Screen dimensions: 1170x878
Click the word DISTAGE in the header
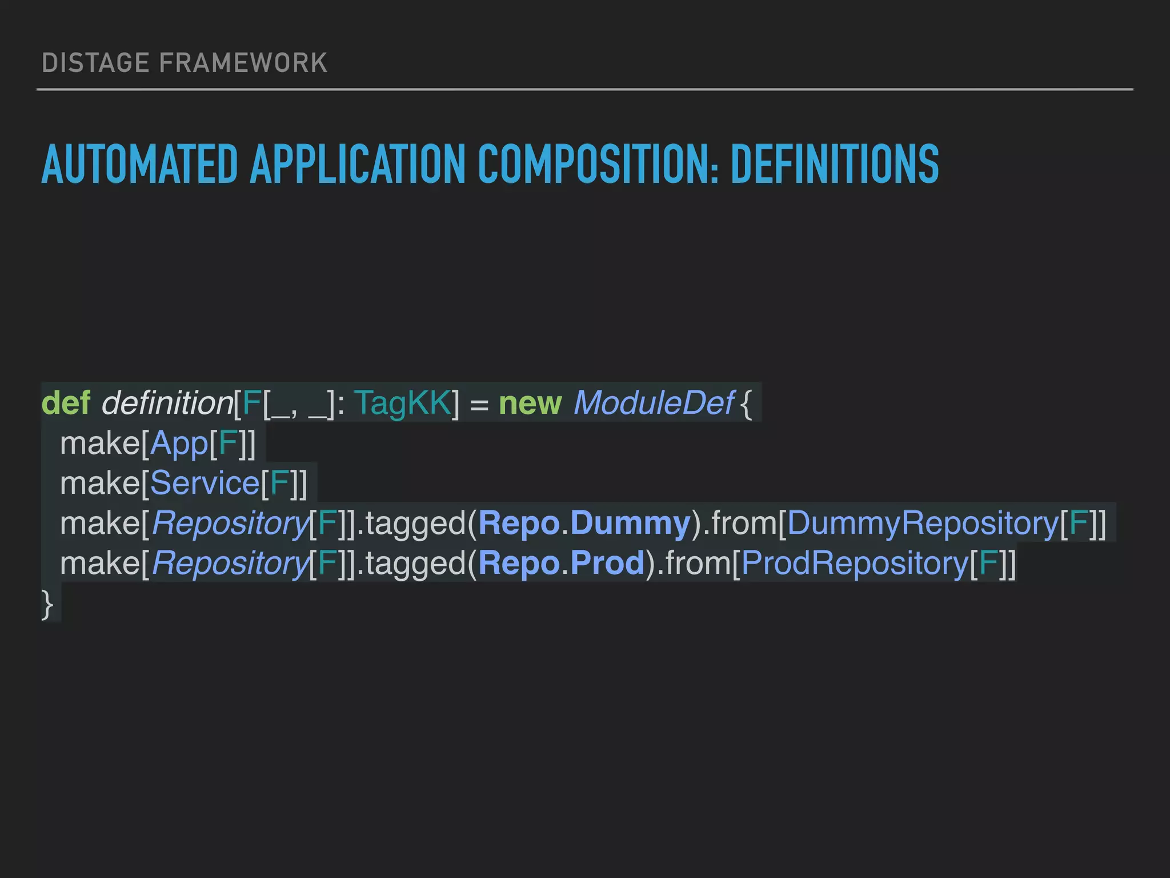[x=95, y=63]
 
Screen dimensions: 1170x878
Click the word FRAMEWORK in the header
[x=243, y=63]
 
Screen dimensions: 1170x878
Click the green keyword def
[x=66, y=403]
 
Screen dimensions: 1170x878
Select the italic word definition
[x=167, y=403]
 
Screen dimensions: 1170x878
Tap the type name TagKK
[x=403, y=403]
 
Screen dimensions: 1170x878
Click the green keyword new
[x=530, y=403]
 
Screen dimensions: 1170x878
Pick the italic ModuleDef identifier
[x=654, y=403]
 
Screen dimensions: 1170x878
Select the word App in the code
[x=179, y=444]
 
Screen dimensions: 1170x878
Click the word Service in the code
[x=205, y=484]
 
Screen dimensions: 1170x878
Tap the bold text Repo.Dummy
[x=584, y=524]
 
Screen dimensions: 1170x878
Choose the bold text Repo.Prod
[x=562, y=564]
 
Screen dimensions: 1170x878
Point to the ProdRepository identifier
[x=855, y=564]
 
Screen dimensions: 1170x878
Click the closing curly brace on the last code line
[x=47, y=605]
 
